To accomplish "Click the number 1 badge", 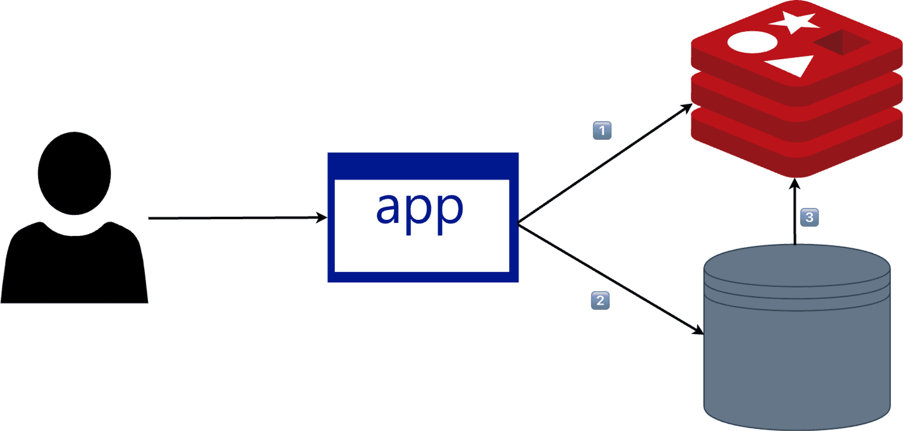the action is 602,130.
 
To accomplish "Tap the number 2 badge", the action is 600,301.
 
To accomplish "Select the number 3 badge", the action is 809,217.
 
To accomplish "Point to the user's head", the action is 74,173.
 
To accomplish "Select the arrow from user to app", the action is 238,218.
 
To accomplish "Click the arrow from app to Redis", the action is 605,163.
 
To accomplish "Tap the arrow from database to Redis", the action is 795,211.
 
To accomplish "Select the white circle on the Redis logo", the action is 753,42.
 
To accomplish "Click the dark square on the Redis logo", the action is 842,42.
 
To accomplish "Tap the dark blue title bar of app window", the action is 423,166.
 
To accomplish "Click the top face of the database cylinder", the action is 797,265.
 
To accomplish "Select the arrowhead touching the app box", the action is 321,218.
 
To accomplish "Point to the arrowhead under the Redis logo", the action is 795,184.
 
